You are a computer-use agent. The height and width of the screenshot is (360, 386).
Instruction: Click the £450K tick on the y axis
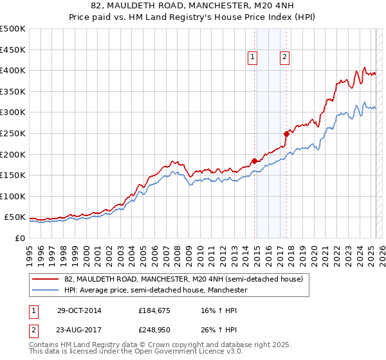pos(13,50)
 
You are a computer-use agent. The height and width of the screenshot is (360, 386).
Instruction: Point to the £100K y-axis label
pos(13,196)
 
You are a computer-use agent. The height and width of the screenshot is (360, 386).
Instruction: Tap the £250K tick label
pos(13,133)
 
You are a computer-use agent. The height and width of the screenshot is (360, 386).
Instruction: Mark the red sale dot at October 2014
pos(254,161)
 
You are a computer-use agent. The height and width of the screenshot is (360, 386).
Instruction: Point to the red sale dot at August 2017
pos(286,134)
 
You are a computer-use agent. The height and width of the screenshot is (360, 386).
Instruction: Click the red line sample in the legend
pos(45,280)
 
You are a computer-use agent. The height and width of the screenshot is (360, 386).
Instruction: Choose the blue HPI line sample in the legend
pos(45,291)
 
